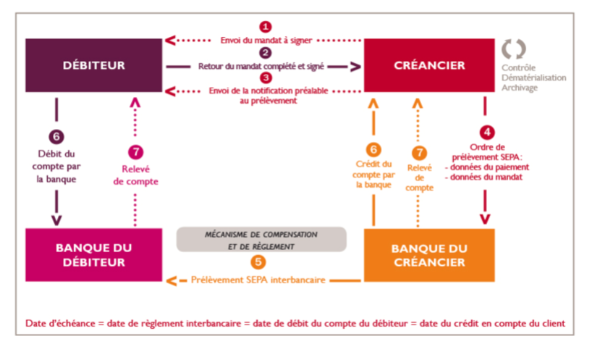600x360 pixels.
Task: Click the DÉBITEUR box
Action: coord(94,65)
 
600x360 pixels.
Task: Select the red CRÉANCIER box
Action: coord(429,65)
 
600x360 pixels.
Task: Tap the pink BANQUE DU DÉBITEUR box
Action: coord(94,255)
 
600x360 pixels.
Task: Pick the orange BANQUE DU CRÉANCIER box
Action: coord(429,256)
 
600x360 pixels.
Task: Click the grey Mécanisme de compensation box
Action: coord(261,240)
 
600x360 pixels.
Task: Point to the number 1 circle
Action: coord(266,28)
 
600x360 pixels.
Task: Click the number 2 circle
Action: coord(266,53)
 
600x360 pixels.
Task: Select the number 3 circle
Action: coord(266,78)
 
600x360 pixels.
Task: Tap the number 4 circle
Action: coord(487,133)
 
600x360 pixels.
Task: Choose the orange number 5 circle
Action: coord(258,262)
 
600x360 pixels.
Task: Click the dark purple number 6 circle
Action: coord(56,137)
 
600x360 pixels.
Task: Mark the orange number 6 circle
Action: coord(373,149)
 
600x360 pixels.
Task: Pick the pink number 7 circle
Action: coord(135,152)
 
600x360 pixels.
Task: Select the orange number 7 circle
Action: coord(419,153)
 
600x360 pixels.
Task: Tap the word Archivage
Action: coord(520,88)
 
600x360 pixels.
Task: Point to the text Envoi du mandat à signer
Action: coord(266,41)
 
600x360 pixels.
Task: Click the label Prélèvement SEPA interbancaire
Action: coord(258,280)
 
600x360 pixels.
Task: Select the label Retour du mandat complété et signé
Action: coord(261,66)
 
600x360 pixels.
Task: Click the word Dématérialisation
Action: coord(534,78)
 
